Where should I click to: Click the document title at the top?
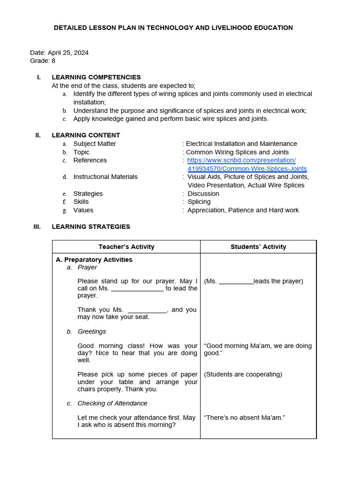(x=173, y=28)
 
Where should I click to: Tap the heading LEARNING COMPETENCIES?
(x=96, y=77)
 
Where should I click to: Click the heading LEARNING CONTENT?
(x=86, y=135)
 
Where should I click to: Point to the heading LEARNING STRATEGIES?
(x=91, y=227)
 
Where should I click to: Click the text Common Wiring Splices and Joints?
(x=237, y=152)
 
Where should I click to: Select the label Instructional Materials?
(x=105, y=177)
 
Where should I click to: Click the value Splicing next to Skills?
(x=199, y=202)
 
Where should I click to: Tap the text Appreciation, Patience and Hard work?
(x=243, y=210)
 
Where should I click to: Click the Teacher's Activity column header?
(x=126, y=247)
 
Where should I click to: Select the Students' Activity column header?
(x=258, y=247)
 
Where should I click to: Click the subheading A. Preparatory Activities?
(x=94, y=260)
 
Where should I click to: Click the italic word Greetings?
(x=92, y=331)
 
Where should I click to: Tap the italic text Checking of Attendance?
(x=112, y=403)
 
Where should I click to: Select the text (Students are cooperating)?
(x=243, y=375)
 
